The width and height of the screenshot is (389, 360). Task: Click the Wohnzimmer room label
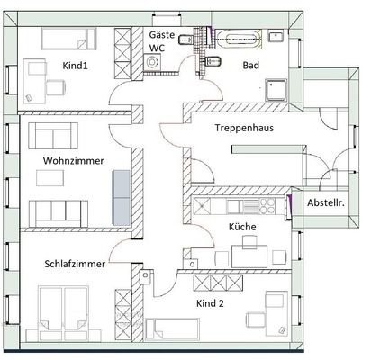74,161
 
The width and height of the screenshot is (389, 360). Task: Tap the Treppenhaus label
244,128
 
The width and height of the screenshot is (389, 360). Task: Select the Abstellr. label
326,202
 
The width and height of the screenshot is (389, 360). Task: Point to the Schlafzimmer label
75,264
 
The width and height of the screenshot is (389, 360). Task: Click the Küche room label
242,227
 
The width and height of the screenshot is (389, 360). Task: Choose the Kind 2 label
210,303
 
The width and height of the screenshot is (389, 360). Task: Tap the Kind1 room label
75,66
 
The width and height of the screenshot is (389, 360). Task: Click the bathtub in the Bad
240,39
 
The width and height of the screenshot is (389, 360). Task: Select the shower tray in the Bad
276,90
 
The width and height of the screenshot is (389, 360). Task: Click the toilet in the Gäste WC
185,40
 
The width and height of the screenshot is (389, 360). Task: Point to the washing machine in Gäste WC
152,62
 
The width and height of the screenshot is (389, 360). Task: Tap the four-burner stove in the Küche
267,206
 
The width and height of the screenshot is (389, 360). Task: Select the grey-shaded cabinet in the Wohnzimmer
122,198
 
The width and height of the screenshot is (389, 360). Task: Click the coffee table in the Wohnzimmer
50,178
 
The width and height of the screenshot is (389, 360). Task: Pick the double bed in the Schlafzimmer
64,313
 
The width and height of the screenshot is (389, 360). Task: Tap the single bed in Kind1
68,39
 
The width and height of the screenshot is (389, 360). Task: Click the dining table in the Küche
249,256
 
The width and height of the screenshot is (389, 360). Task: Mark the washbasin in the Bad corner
276,36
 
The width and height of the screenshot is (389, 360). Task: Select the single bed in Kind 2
172,329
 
